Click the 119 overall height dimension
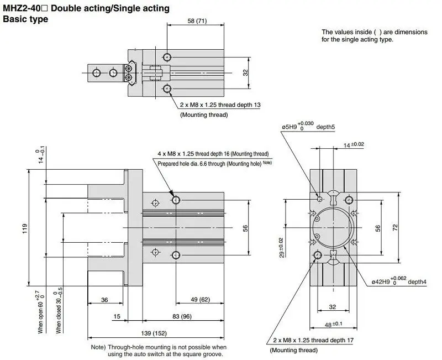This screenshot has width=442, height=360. tap(25, 228)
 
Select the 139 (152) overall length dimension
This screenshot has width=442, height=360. tap(154, 333)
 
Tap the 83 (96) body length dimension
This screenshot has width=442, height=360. tap(182, 316)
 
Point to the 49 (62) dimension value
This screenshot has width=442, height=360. tap(200, 299)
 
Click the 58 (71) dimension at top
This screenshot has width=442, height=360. tap(197, 21)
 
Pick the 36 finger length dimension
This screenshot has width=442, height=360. tap(104, 300)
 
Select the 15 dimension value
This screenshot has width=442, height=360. tap(117, 316)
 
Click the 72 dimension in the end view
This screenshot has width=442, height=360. tap(395, 227)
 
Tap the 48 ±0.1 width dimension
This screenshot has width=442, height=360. tap(333, 325)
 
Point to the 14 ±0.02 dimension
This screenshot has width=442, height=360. tap(354, 145)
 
